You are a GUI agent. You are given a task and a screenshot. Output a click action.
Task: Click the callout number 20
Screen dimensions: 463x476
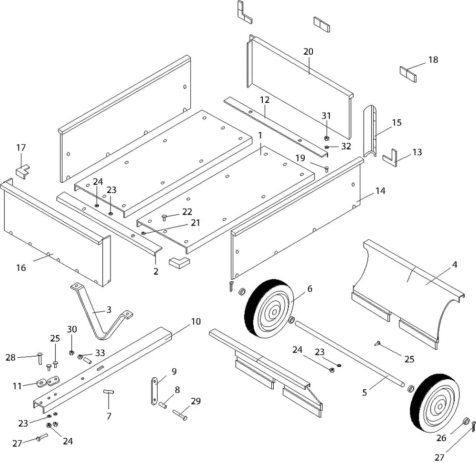coord(308,51)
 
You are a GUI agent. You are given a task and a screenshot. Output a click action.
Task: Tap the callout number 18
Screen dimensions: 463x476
coord(433,60)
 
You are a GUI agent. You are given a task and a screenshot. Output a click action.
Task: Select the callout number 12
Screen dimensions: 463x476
coord(265,100)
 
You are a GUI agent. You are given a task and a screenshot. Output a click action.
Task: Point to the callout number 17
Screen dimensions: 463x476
coord(21,148)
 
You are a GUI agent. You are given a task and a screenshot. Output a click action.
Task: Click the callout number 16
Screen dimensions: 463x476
coord(21,267)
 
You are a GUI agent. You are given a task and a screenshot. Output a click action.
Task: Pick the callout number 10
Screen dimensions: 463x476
coord(196,321)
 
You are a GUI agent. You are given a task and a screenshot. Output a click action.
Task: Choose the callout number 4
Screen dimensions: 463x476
coord(455,265)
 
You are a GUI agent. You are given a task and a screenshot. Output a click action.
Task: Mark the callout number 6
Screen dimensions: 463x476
coord(310,288)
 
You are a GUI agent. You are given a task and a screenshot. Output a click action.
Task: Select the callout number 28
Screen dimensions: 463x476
coord(11,357)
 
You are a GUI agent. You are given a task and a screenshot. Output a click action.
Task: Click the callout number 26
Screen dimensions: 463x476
coord(441,438)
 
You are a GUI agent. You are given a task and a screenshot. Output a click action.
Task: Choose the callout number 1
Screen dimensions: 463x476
coord(260,136)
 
